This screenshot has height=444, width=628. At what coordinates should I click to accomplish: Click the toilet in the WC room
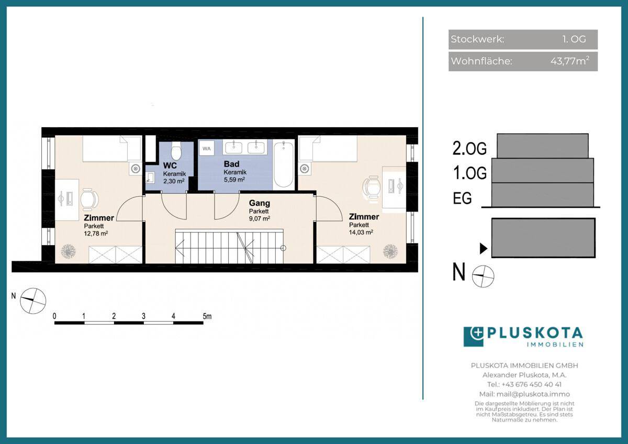tap(176, 151)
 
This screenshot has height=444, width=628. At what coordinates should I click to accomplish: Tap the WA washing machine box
tap(207, 148)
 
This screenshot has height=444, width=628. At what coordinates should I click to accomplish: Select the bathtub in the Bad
tap(284, 164)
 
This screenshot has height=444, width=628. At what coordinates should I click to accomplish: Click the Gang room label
tap(260, 203)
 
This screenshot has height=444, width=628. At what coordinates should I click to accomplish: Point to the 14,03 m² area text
tap(361, 232)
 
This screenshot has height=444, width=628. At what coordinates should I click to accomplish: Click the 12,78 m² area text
tap(96, 234)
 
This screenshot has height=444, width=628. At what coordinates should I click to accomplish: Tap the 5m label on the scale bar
tap(207, 316)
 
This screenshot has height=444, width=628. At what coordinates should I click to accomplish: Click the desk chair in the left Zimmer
tap(89, 199)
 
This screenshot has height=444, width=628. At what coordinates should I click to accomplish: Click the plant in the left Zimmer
tap(69, 251)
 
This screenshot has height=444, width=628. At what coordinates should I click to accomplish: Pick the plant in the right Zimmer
tap(390, 251)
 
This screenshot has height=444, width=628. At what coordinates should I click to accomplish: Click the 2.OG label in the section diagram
tap(469, 148)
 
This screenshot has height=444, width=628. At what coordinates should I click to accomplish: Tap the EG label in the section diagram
tap(462, 198)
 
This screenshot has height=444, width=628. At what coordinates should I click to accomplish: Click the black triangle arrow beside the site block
tap(484, 249)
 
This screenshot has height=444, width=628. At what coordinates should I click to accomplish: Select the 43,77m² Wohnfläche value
tap(570, 61)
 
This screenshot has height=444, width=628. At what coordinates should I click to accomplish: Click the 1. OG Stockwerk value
tap(574, 39)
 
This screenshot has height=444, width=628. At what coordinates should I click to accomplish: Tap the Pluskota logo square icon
tap(474, 337)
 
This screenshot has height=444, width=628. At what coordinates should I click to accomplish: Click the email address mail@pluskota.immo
tap(533, 394)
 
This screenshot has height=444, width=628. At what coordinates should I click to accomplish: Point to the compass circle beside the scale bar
tap(33, 301)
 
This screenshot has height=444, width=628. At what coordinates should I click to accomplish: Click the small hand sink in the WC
tap(150, 177)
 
